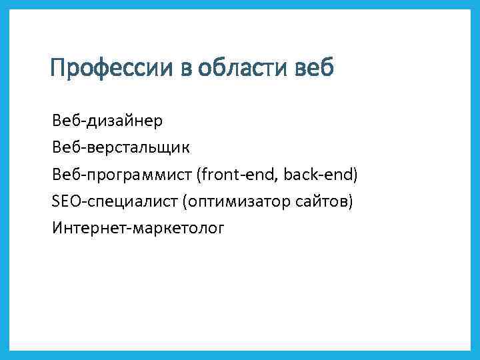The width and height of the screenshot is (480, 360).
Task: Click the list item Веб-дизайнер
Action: tap(106, 121)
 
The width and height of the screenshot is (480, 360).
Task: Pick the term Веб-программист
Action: tap(122, 175)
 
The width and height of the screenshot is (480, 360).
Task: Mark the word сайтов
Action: tap(325, 201)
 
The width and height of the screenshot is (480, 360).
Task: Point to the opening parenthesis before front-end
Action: tap(199, 175)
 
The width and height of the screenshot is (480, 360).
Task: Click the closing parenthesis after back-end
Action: tap(356, 175)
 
